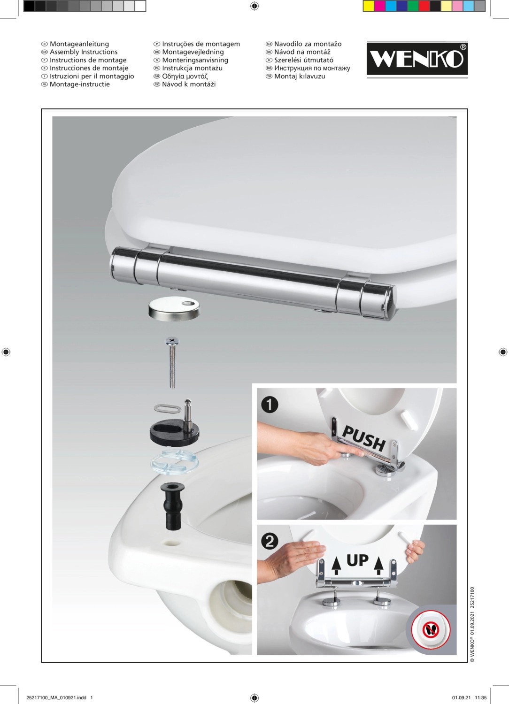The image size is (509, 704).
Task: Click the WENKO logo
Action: click(x=417, y=60)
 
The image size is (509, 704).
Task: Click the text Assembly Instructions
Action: click(x=84, y=52)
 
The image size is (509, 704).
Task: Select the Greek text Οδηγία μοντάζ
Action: click(x=185, y=76)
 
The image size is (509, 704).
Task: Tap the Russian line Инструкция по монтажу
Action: click(x=312, y=68)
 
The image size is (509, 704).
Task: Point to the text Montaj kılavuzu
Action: click(x=300, y=76)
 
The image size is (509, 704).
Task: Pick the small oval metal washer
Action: click(x=168, y=409)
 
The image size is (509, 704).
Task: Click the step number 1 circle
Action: click(x=270, y=405)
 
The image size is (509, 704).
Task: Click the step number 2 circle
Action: click(x=270, y=541)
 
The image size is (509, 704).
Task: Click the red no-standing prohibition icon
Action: click(x=431, y=629)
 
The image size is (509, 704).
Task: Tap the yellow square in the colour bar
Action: click(x=369, y=6)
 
